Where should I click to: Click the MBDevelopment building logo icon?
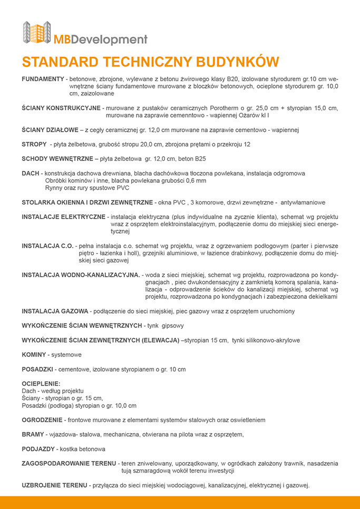coord(37,33)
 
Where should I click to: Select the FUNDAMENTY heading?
coord(43,79)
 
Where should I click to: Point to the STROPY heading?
coord(34,144)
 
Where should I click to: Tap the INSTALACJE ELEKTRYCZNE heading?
coord(64,217)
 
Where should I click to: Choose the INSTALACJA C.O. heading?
coord(48,246)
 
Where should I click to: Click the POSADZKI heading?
coord(37,369)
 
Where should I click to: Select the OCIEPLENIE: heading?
coord(41,384)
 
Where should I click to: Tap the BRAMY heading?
coord(33,435)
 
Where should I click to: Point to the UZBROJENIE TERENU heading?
coord(55,485)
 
